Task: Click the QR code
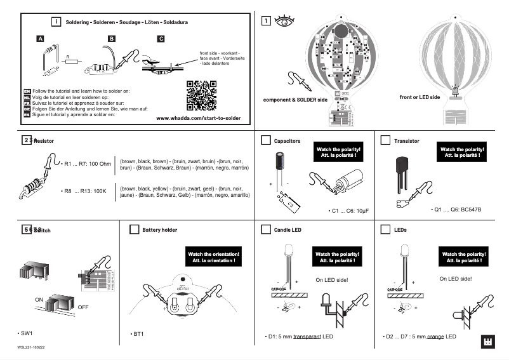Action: (202, 95)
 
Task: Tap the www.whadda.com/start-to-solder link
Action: (198, 119)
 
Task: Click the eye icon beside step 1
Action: (283, 21)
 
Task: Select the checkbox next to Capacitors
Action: (265, 140)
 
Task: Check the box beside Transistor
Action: (385, 140)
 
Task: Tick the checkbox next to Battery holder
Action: (133, 229)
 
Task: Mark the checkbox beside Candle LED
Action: (265, 229)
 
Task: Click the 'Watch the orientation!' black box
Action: (213, 257)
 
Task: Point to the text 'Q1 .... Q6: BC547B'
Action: (458, 210)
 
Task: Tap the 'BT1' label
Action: (138, 333)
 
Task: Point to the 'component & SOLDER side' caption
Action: (295, 100)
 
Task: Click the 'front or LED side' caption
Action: (419, 97)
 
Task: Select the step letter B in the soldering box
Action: (112, 39)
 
